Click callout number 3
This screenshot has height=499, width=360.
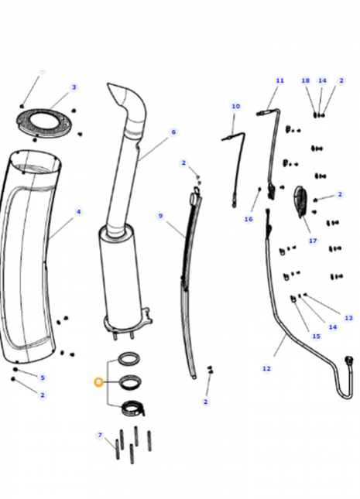pos(74,87)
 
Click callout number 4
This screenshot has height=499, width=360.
pos(78,211)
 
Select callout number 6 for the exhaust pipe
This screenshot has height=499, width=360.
pos(173,132)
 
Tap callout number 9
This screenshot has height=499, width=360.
pos(160,216)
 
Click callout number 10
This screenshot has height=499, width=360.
pos(235,106)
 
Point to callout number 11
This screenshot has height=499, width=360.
pos(279,80)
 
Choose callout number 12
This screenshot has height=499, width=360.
pos(266,368)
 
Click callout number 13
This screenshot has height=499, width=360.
pos(348,318)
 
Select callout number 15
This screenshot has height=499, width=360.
pos(316,336)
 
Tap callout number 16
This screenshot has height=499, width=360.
pos(249,219)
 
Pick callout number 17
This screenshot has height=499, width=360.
pos(313,241)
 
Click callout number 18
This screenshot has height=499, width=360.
pos(305,80)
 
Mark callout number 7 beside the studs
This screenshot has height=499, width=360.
pos(99,435)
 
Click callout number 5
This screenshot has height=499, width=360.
pos(43,378)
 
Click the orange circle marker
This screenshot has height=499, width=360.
pos(98,381)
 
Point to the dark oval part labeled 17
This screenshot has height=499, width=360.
pos(300,203)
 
